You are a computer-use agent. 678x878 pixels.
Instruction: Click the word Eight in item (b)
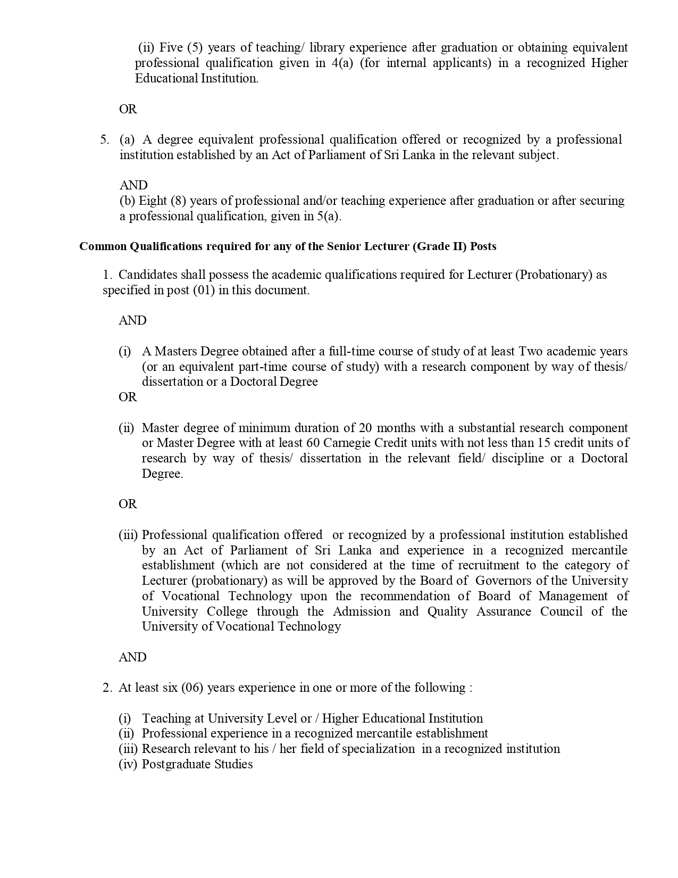[153, 201]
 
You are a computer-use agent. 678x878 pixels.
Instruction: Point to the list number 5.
[105, 139]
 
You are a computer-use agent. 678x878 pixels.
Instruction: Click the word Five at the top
[171, 47]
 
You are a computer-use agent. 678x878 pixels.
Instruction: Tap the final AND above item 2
[132, 657]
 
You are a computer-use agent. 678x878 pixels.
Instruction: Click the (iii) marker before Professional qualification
[128, 535]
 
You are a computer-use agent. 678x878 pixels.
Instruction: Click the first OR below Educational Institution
[128, 109]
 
